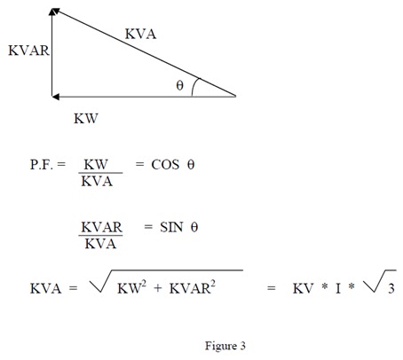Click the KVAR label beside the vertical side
[x=28, y=51]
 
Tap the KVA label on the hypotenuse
[x=140, y=34]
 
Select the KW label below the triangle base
[x=86, y=119]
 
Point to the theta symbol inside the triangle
[x=179, y=86]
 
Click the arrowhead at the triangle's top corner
[x=54, y=12]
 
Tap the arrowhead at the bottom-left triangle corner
[x=55, y=97]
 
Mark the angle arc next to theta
[x=194, y=86]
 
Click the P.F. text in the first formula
[x=42, y=165]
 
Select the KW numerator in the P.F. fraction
[x=96, y=164]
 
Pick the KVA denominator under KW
[x=97, y=181]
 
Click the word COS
[x=165, y=165]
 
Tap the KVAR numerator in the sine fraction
[x=101, y=227]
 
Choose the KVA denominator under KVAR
[x=100, y=244]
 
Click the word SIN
[x=171, y=227]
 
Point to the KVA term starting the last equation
[x=45, y=288]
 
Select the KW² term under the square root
[x=131, y=287]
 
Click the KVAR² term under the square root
[x=193, y=287]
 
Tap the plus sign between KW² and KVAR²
[x=158, y=288]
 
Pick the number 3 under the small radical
[x=391, y=288]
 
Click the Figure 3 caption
[x=225, y=346]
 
